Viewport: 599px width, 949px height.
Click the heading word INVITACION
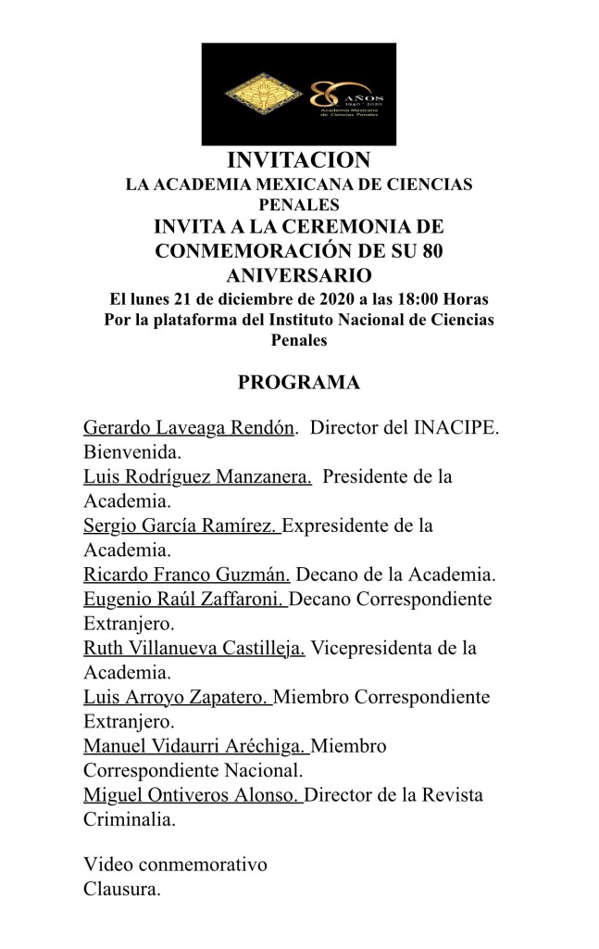298,160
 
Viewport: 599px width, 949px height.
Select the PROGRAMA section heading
298,382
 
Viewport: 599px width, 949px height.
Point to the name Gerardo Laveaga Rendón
189,428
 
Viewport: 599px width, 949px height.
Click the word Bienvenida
131,453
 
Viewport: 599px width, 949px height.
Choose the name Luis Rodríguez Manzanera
196,477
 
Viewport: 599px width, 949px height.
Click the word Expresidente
333,526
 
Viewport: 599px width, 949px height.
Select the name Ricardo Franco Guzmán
187,575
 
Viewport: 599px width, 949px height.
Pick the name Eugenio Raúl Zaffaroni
184,599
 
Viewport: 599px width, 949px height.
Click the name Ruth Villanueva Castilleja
194,648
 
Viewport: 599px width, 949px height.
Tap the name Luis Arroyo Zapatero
176,697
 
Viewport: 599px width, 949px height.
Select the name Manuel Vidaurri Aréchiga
195,746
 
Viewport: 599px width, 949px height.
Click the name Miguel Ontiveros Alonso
192,795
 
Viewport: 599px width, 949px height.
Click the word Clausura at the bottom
121,890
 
